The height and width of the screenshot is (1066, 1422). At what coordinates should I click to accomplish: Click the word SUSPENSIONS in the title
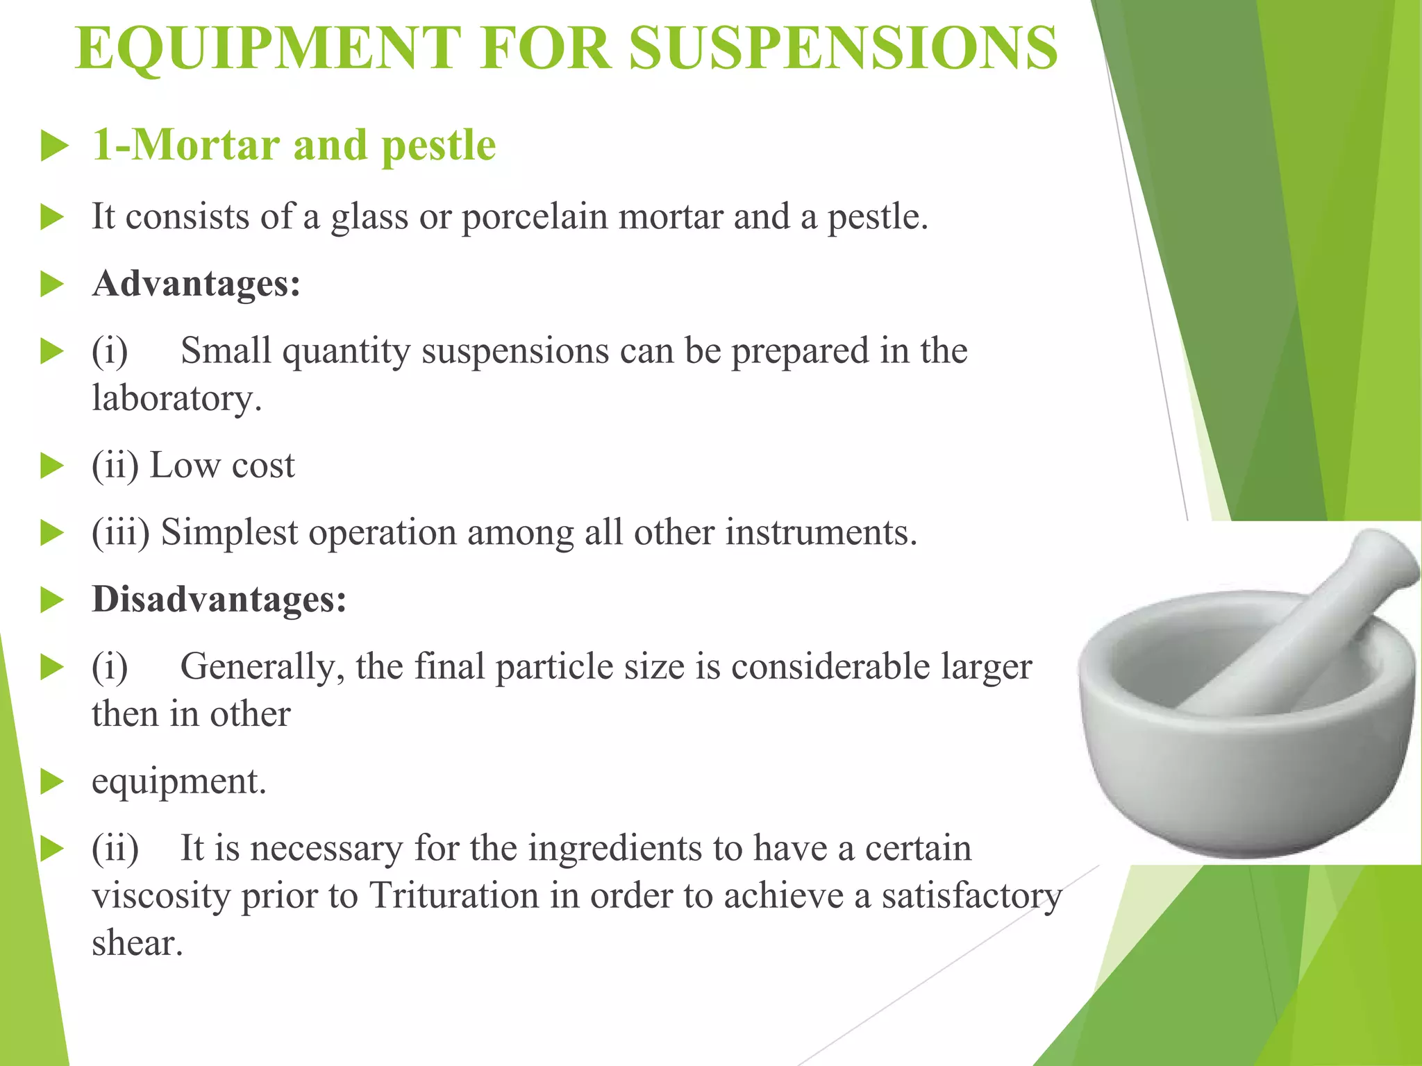point(843,49)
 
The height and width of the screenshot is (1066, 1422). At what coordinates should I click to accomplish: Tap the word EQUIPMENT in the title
point(268,49)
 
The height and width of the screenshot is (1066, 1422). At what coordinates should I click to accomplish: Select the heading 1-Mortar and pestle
point(294,146)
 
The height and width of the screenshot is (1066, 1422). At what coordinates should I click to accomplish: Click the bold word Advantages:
point(196,284)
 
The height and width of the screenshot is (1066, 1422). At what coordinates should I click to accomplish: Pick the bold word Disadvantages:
point(219,599)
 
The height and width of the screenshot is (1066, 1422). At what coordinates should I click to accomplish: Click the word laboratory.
point(176,398)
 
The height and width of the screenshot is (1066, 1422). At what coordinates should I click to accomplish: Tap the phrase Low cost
point(222,465)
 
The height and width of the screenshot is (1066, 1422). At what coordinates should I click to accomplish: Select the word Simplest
point(229,534)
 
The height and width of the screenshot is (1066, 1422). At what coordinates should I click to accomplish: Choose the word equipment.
point(178,781)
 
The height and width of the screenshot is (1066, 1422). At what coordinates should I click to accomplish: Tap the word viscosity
point(161,895)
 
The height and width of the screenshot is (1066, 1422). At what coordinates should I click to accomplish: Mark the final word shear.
point(137,943)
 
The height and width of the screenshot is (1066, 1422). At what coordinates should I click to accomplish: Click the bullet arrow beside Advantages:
point(52,285)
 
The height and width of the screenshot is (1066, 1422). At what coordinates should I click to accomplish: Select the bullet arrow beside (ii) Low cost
point(52,466)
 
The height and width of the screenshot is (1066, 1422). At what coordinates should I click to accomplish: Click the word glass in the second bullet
point(369,217)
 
